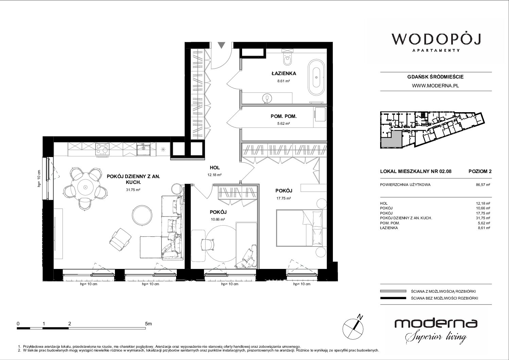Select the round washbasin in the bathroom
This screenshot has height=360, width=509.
(267, 98)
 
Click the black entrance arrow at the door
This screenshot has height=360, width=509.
(221, 45)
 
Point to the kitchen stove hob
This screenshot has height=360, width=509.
(102, 149)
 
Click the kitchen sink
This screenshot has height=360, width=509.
(143, 149)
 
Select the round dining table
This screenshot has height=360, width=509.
(85, 187)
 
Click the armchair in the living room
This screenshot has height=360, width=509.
(120, 239)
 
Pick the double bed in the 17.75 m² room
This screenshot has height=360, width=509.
(301, 228)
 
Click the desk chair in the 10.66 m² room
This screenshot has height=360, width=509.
(208, 245)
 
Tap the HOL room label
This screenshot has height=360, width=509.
(215, 168)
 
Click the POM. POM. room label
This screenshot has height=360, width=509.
(284, 116)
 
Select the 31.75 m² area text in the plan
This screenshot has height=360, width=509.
(133, 190)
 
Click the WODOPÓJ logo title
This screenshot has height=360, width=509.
(436, 39)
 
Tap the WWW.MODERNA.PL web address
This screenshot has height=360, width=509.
(435, 86)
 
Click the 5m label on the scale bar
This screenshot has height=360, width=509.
(148, 323)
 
